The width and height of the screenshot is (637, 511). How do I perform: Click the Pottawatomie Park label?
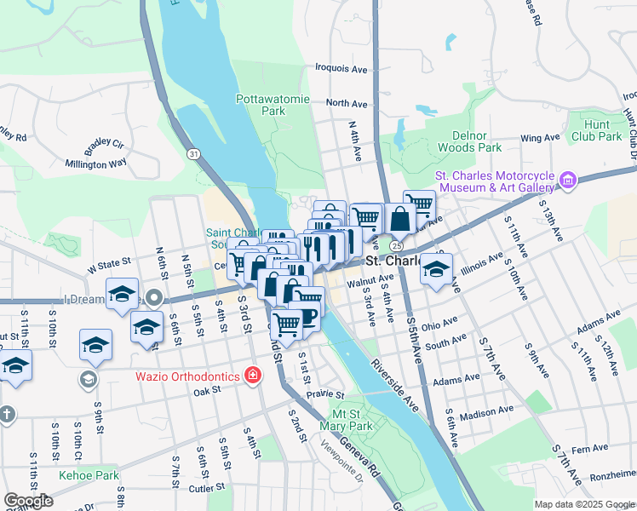tap(261, 105)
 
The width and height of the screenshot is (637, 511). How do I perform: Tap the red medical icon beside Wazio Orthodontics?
tap(252, 375)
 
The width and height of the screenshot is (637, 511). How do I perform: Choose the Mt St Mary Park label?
tap(346, 420)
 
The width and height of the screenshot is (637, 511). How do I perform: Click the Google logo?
tap(28, 501)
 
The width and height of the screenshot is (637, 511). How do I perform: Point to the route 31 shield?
tap(195, 153)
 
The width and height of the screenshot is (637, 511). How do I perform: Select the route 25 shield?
tap(397, 244)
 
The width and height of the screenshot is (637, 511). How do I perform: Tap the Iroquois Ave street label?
tap(341, 66)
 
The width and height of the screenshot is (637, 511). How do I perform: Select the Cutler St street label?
tap(207, 488)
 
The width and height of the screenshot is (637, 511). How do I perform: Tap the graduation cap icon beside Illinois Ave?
tap(436, 271)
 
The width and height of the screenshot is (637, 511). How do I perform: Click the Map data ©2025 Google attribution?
tap(584, 504)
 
